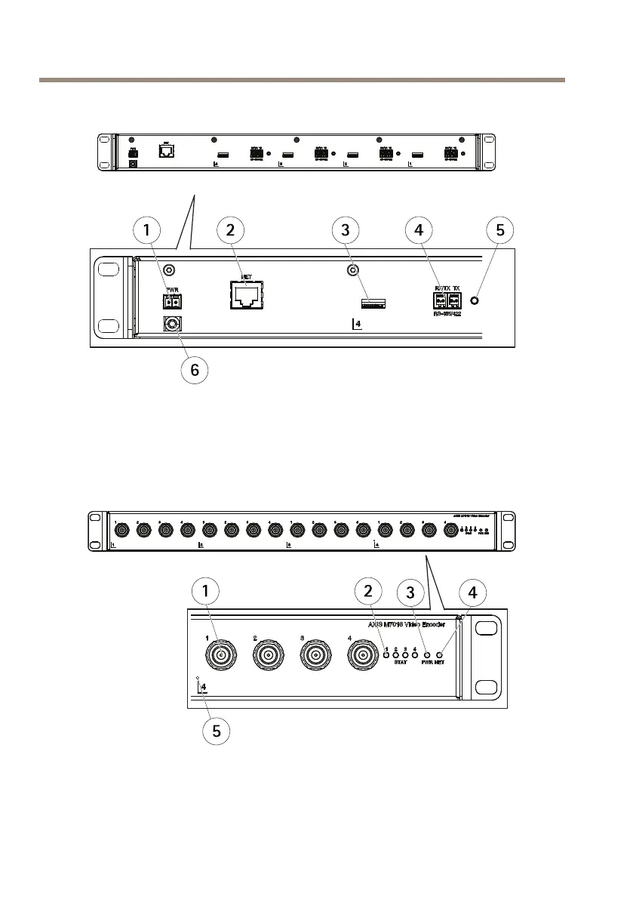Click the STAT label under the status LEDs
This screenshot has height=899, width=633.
(x=401, y=663)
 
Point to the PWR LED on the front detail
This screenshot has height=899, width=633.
(x=427, y=654)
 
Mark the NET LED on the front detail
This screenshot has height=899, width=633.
(x=439, y=654)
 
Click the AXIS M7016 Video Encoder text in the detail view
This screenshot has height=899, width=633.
(x=406, y=625)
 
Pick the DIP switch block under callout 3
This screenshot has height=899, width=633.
(x=373, y=303)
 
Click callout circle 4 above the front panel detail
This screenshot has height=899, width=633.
(x=472, y=593)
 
